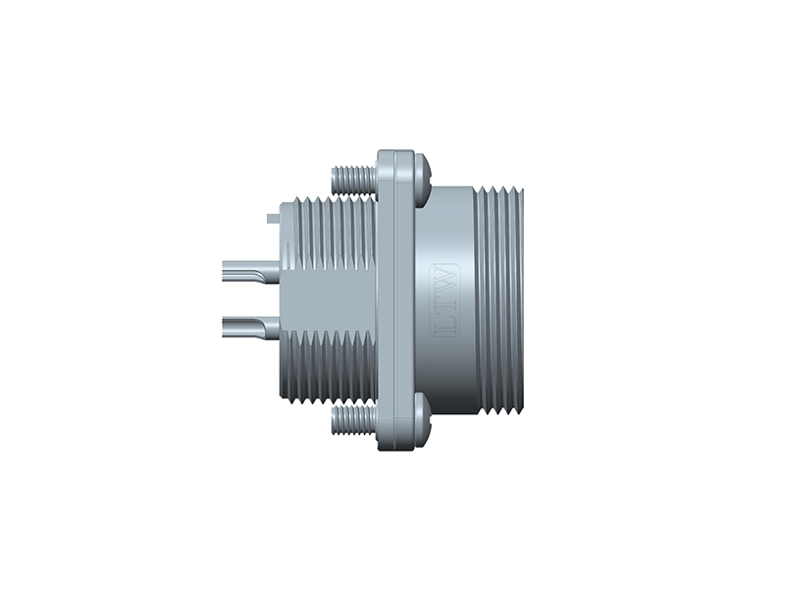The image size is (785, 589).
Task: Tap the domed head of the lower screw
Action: (422, 421)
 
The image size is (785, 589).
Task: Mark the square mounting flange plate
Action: (395, 299)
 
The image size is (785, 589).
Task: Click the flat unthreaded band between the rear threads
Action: (329, 299)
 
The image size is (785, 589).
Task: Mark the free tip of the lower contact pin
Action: (228, 325)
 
